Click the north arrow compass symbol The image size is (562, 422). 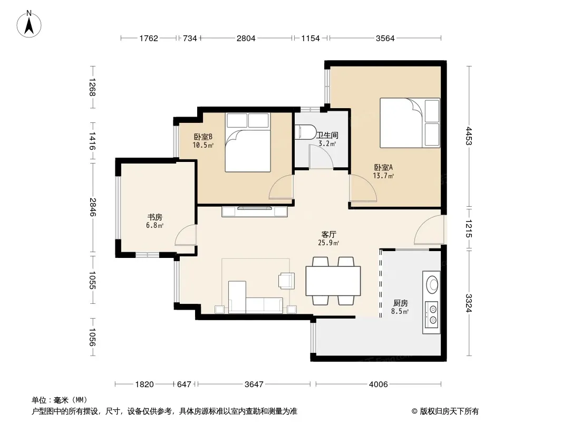(x=29, y=24)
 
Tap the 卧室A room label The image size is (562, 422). (x=383, y=167)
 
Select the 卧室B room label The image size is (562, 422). (x=203, y=137)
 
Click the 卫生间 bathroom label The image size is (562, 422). (x=327, y=135)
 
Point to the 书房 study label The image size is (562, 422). (x=155, y=217)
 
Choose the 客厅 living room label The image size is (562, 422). (x=328, y=235)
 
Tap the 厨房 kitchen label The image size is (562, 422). (x=400, y=303)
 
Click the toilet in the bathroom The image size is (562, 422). (x=305, y=131)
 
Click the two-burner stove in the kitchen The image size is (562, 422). (x=432, y=314)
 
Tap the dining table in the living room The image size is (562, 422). (x=333, y=281)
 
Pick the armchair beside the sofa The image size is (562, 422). (x=287, y=281)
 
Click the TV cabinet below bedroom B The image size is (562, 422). (x=255, y=212)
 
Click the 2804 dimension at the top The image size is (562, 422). (x=246, y=38)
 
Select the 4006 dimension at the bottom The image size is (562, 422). (x=379, y=385)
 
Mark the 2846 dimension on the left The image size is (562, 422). (x=92, y=207)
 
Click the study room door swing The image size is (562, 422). (x=186, y=235)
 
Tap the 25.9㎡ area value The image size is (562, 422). (x=328, y=243)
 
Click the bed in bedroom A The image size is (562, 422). (x=410, y=122)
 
